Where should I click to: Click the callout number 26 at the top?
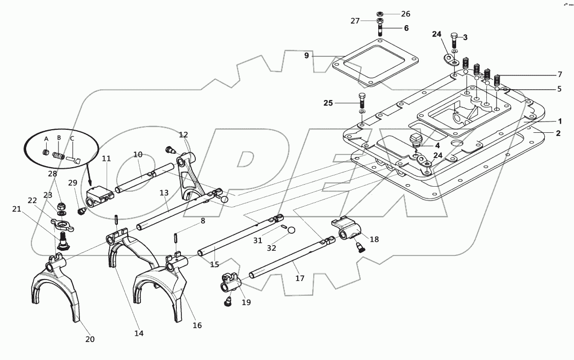point(405,13)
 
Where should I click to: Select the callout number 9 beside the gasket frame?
point(306,55)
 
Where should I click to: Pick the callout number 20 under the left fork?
point(90,339)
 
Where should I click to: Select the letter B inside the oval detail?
point(59,138)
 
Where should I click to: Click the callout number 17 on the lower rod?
point(300,278)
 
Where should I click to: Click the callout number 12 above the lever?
point(183,135)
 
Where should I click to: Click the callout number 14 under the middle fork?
point(138,333)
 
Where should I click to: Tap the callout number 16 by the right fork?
point(197,325)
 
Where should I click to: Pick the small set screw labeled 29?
point(80,210)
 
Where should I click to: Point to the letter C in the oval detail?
point(72,138)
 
